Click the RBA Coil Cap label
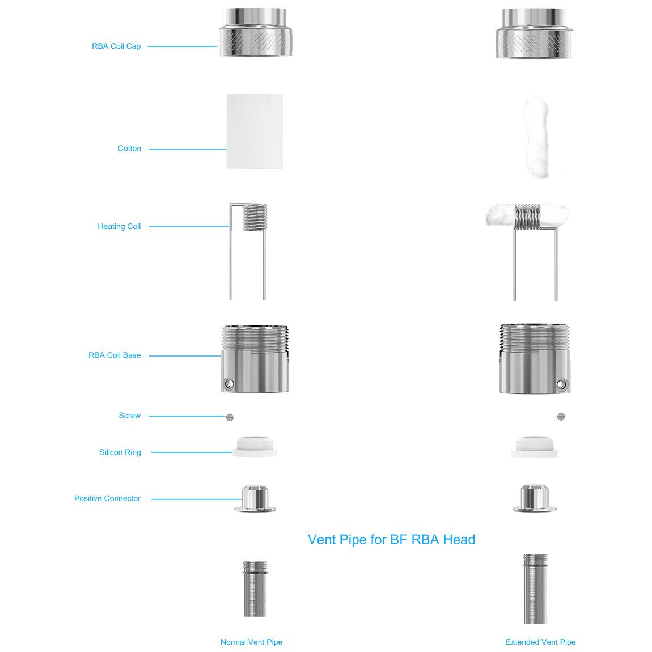(116, 46)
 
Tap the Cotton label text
(129, 149)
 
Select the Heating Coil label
(119, 226)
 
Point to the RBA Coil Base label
(115, 355)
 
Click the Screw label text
(130, 416)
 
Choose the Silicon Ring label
(120, 452)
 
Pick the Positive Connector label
(107, 498)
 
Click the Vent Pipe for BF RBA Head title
(391, 539)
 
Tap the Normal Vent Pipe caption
(251, 642)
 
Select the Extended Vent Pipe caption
(540, 642)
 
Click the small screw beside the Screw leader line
(230, 417)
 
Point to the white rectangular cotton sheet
(255, 131)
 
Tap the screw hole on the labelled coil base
(228, 383)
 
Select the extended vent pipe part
(535, 589)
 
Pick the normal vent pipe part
(255, 589)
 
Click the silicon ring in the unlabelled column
(534, 447)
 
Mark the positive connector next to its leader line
(255, 498)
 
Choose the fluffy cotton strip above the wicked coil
(536, 137)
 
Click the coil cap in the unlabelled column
(534, 33)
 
